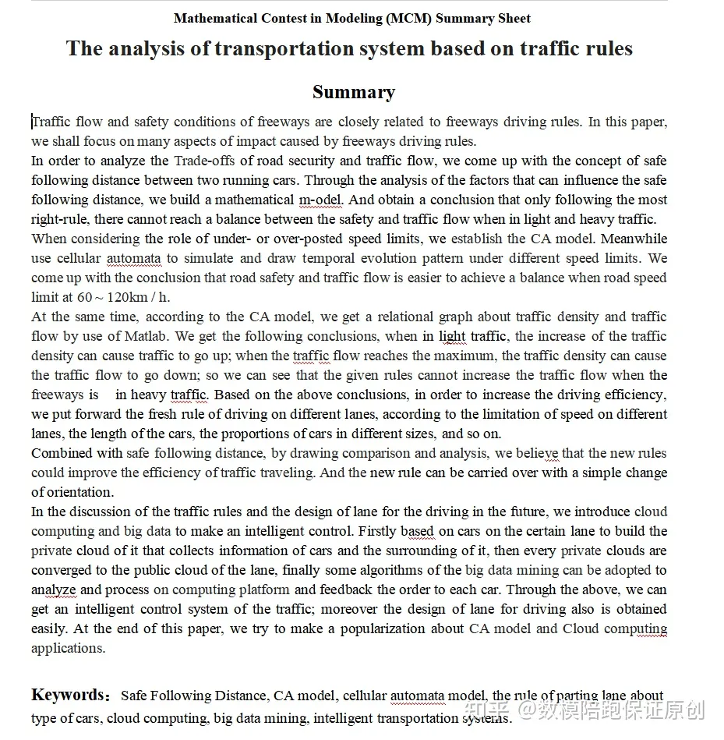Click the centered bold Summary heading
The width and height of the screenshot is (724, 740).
[353, 92]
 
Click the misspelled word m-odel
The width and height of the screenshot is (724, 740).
[320, 200]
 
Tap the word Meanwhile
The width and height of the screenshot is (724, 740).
[634, 239]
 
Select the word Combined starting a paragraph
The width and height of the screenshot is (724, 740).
[61, 453]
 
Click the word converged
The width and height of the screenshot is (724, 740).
[62, 570]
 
